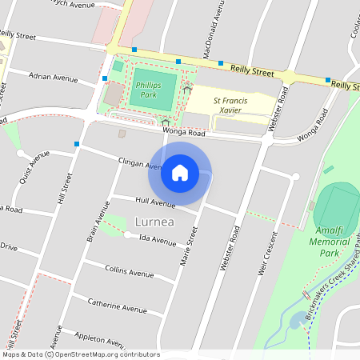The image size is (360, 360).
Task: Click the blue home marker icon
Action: point(179,173)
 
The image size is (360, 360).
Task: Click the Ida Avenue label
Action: point(157,238)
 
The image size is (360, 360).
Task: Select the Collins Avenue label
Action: point(130,272)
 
